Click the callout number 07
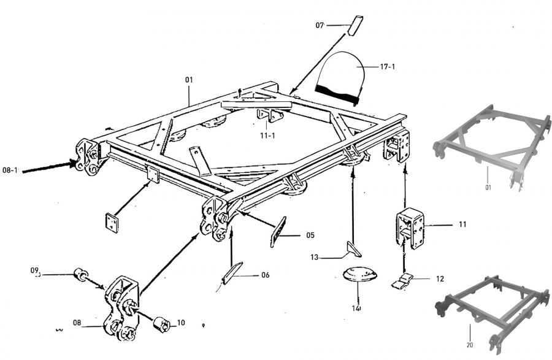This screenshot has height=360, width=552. coord(320,25)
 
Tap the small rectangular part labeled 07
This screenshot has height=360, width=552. coord(355,25)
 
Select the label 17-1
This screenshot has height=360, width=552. coord(387,66)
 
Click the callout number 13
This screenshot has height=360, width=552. coord(314,257)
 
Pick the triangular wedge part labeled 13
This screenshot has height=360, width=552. coord(354,249)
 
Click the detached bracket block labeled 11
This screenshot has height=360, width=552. coord(410,228)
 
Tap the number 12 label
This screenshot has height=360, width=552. coord(440,278)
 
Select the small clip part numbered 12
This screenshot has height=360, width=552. coord(402,281)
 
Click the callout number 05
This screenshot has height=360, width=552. coord(310,235)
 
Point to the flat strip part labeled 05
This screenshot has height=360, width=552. coord(278,232)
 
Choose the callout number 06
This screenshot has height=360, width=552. coord(265,275)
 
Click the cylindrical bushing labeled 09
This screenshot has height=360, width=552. coord(80,275)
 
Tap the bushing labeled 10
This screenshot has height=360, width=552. coord(162,324)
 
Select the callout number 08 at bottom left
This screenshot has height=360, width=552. coord(77,323)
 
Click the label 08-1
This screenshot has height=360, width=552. coord(10,170)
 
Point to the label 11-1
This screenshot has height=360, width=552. coord(267,136)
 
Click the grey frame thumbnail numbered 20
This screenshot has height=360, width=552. coord(492,312)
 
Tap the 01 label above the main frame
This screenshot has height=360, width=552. coord(189,80)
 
